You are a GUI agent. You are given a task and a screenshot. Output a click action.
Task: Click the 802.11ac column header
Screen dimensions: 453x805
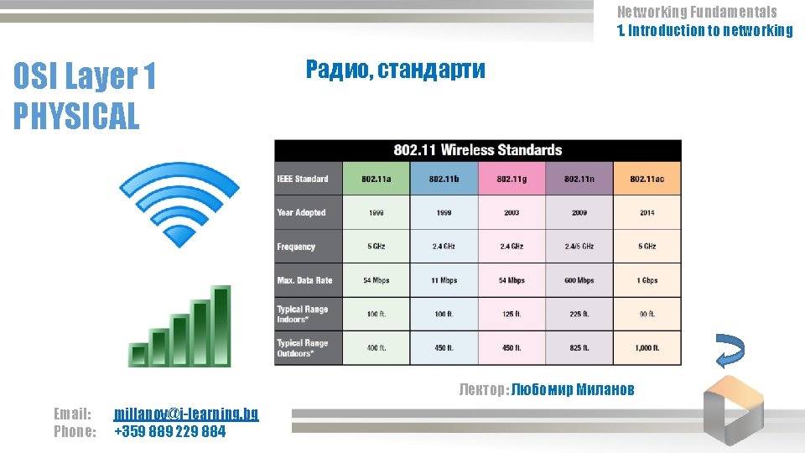click(x=647, y=179)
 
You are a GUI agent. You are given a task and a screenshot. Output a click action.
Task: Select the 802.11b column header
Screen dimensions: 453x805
click(x=444, y=179)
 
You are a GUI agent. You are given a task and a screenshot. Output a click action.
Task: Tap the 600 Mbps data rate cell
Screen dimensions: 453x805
click(x=579, y=280)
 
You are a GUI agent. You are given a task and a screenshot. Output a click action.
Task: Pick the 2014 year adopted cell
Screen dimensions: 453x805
click(x=647, y=213)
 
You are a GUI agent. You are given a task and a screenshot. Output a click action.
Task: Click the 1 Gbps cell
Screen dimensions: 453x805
click(x=647, y=280)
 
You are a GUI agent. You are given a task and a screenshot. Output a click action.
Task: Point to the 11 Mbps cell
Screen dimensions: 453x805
click(x=444, y=280)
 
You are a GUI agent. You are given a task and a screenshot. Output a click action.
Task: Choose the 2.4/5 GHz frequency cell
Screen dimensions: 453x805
click(x=579, y=247)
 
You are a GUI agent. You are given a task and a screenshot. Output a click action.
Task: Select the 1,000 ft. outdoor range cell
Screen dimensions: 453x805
click(x=647, y=347)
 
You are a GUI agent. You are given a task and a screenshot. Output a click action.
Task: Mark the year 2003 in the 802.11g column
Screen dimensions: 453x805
click(x=512, y=213)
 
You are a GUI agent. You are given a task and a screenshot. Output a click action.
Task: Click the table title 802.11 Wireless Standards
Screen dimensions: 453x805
click(x=478, y=150)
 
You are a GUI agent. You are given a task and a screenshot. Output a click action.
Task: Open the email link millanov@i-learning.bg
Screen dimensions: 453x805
click(x=186, y=414)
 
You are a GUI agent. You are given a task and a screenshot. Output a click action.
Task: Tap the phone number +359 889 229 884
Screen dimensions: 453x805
click(x=169, y=432)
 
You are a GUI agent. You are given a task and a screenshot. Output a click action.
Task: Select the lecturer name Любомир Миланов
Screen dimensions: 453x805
click(x=573, y=389)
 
